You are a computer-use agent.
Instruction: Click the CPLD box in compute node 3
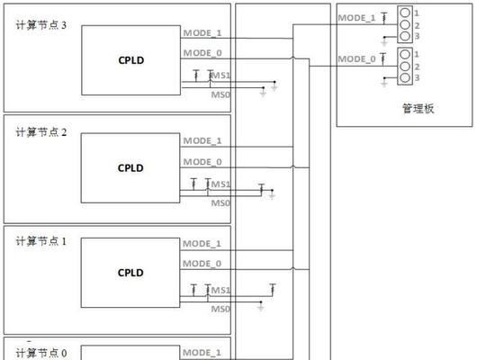pos(130,60)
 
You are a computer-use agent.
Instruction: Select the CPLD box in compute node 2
pos(130,168)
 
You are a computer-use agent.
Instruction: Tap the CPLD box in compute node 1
pos(130,273)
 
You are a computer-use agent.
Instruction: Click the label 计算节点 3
pos(41,25)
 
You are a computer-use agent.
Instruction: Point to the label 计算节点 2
pos(41,132)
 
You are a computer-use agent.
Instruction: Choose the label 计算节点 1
pos(41,241)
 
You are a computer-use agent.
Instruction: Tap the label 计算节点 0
pos(41,353)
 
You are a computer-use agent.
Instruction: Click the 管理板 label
pos(418,109)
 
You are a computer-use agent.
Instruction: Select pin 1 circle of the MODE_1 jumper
pos(405,13)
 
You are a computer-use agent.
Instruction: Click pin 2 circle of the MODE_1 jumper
pos(405,24)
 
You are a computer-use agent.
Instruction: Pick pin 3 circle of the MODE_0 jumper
pos(405,77)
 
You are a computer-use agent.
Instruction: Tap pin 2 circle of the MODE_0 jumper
pos(405,66)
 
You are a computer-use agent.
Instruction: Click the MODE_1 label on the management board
pos(356,18)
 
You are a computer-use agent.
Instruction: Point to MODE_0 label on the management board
pos(356,59)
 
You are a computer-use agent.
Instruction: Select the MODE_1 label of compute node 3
pos(202,33)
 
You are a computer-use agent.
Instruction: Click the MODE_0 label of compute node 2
pos(202,162)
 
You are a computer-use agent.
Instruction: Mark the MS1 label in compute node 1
pos(220,290)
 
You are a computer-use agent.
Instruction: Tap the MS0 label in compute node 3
pos(220,94)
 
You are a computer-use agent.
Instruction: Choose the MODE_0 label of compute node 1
pos(202,264)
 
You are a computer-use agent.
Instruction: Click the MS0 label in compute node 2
pos(220,202)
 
